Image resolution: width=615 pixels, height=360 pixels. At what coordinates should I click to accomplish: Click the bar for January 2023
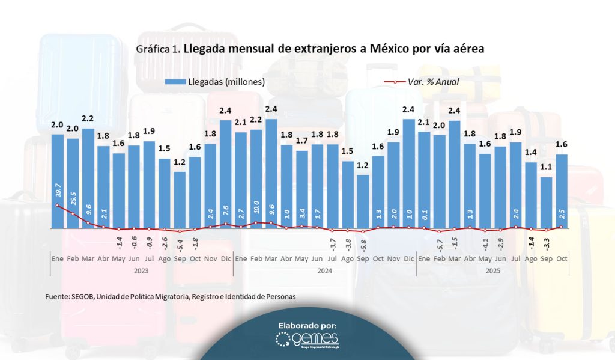point(58,181)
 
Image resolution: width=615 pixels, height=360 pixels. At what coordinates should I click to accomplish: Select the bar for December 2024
point(409,174)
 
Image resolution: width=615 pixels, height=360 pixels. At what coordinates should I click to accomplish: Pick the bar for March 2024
point(271,174)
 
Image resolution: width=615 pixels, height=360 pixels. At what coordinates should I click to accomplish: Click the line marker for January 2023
point(58,206)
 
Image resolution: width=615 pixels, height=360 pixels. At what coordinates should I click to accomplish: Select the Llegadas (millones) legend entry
point(219,82)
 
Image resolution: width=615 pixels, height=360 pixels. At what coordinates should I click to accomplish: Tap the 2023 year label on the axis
point(142,271)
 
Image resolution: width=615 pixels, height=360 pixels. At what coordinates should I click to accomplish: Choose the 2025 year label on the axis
point(492,271)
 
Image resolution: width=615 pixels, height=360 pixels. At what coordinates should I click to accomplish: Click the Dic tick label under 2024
point(409,258)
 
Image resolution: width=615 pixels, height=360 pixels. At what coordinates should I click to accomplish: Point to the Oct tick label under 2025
point(562,258)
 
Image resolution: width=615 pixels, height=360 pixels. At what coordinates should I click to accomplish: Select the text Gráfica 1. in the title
point(159,49)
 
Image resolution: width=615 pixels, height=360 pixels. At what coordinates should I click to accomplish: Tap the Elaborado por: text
point(307,325)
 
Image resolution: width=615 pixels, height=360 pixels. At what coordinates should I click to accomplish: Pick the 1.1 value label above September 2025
point(546,168)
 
